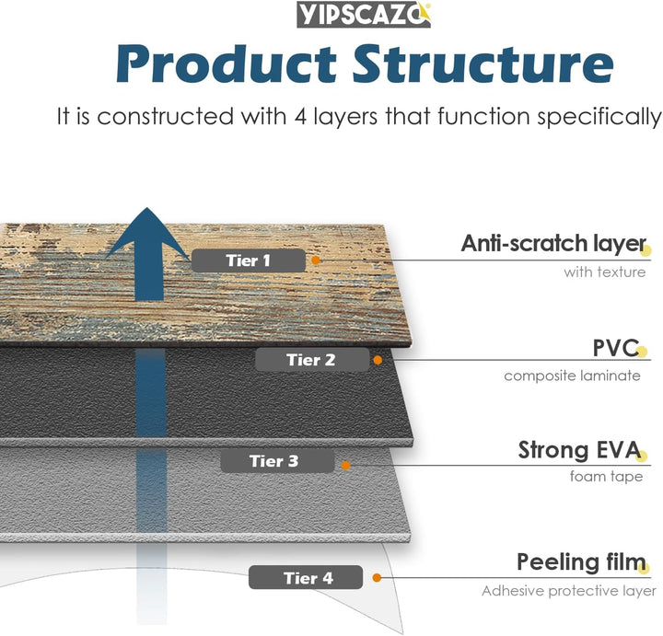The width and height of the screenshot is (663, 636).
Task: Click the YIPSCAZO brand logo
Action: coord(364,15)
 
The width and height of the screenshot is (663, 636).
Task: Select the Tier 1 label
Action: coord(248,260)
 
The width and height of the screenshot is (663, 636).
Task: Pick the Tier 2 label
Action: coord(310,360)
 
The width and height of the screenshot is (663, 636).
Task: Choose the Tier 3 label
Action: coord(273,461)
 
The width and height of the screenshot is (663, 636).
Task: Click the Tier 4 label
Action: coord(308,578)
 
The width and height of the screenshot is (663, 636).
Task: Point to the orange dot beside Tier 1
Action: coord(316,260)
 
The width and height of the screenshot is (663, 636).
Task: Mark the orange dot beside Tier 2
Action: coord(378,361)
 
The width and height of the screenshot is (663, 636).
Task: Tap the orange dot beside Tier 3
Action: coord(345,466)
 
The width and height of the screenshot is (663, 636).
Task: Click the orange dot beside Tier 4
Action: coord(377,578)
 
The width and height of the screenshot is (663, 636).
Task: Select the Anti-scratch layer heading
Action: coord(552,244)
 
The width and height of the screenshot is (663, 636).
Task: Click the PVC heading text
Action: coord(615,348)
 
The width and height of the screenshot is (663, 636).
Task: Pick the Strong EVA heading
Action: coord(579,450)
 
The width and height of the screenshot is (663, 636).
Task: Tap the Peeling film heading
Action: coord(580,562)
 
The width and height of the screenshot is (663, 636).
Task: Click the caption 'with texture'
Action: coord(605,272)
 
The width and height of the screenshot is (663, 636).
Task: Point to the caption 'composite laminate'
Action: coord(573,376)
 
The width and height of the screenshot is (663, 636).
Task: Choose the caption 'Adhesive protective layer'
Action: coord(568,591)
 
